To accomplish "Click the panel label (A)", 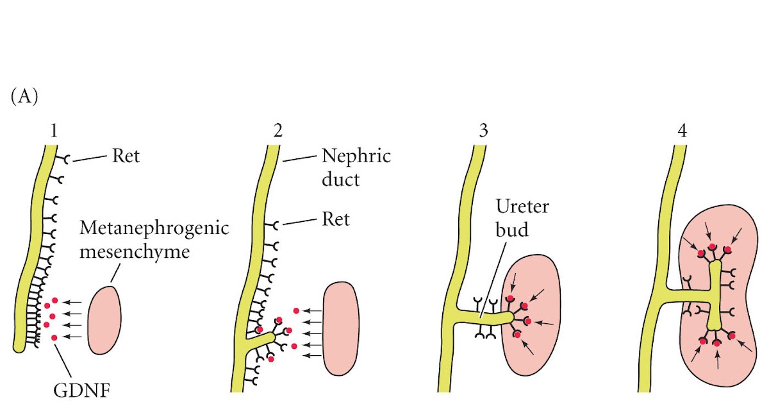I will pos(25,97).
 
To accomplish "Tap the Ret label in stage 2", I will pos(336,219).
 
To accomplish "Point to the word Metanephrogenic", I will pos(154,228).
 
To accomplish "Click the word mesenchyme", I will pos(136,251).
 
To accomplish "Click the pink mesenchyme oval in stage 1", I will pos(103,320).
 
